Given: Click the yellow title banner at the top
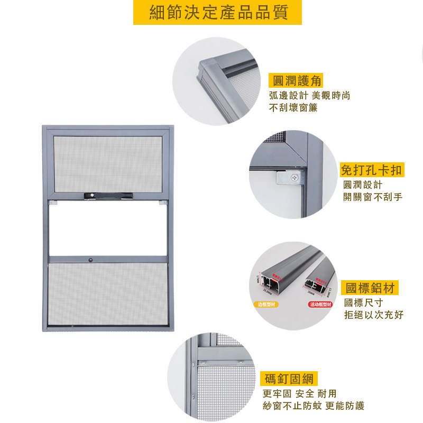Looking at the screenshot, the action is click(x=217, y=13).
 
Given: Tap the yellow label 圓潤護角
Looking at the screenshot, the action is click(x=296, y=81).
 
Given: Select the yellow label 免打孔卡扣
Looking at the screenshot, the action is click(x=372, y=170).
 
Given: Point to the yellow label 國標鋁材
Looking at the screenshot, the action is click(x=370, y=288).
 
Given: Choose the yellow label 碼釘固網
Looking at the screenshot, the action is click(x=288, y=379).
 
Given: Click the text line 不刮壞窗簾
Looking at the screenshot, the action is click(x=293, y=108).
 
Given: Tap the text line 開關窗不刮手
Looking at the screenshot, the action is click(x=373, y=197).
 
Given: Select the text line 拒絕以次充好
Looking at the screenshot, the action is click(x=373, y=315).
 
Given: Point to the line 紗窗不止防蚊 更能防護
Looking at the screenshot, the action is click(x=314, y=406).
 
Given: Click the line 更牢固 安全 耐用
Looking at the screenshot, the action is click(x=299, y=394).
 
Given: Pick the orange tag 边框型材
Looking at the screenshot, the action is click(x=268, y=305).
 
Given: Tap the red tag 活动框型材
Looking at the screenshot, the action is click(x=320, y=305).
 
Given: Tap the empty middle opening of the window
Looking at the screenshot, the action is click(x=108, y=228).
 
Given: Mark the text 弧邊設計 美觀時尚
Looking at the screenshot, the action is click(x=309, y=96).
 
